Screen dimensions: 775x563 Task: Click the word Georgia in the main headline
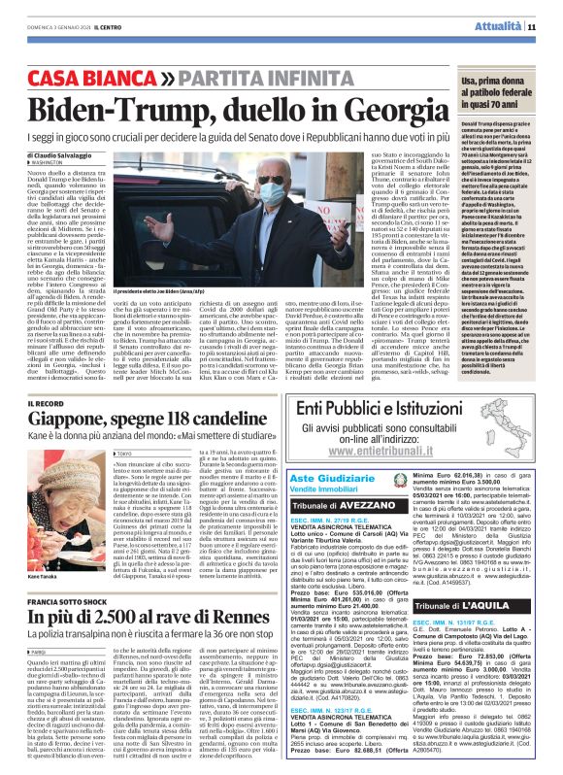[332, 105]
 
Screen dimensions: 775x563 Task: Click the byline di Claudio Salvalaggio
[64, 155]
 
